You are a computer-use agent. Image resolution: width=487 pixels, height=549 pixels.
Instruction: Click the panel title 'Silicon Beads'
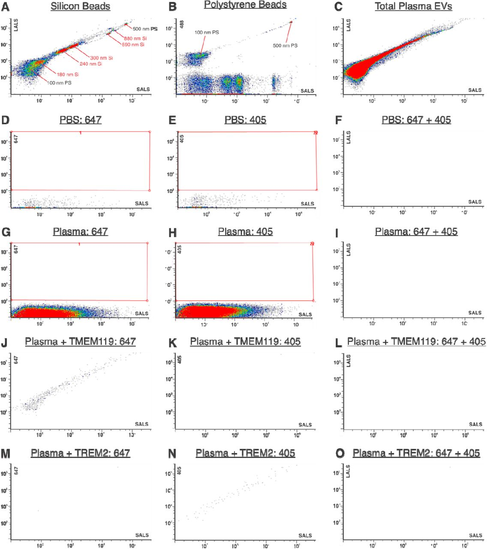[80, 6]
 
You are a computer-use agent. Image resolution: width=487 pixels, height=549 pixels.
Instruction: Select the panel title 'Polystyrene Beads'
[245, 5]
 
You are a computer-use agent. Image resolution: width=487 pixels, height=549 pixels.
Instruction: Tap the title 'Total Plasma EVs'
[413, 6]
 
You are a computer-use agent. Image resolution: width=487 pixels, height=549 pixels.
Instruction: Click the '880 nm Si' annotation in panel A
[135, 38]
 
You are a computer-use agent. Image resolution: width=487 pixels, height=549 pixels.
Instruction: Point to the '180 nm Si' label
[68, 75]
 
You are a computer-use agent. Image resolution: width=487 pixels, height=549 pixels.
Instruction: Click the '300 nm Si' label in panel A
[102, 58]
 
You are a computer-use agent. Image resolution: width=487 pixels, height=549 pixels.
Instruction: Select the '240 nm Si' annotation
[91, 64]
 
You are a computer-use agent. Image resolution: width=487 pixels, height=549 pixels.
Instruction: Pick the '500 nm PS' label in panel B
[285, 45]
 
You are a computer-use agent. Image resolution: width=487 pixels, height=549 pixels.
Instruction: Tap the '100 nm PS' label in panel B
[207, 33]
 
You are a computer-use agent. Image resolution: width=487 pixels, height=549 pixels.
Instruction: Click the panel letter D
[6, 120]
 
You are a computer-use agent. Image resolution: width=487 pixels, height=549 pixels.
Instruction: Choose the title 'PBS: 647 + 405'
[416, 120]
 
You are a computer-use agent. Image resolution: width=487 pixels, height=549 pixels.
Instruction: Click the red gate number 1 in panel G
[79, 244]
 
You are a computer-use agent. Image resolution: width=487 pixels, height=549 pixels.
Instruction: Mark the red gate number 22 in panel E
[316, 133]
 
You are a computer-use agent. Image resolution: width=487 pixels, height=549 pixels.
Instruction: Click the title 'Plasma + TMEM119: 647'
[80, 342]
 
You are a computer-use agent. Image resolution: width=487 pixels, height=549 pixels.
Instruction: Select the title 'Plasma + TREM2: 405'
[245, 453]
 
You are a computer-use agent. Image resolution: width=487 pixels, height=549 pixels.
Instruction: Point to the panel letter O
[340, 453]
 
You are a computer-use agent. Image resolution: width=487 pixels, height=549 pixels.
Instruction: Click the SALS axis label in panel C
[475, 90]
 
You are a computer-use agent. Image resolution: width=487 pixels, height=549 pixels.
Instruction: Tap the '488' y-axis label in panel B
[181, 24]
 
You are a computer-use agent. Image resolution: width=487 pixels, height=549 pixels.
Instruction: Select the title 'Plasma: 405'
[245, 232]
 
